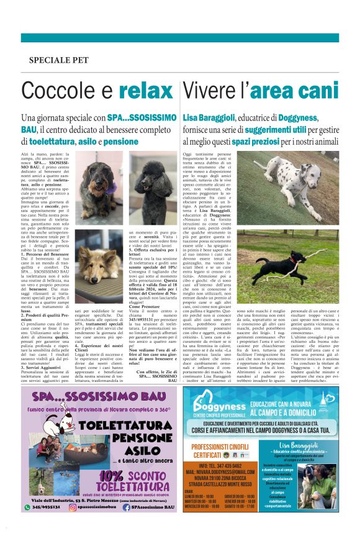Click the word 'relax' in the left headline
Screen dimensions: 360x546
coord(147,91)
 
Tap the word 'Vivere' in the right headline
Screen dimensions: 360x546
coord(208,91)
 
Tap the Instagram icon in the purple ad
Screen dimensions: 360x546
coord(69,507)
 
